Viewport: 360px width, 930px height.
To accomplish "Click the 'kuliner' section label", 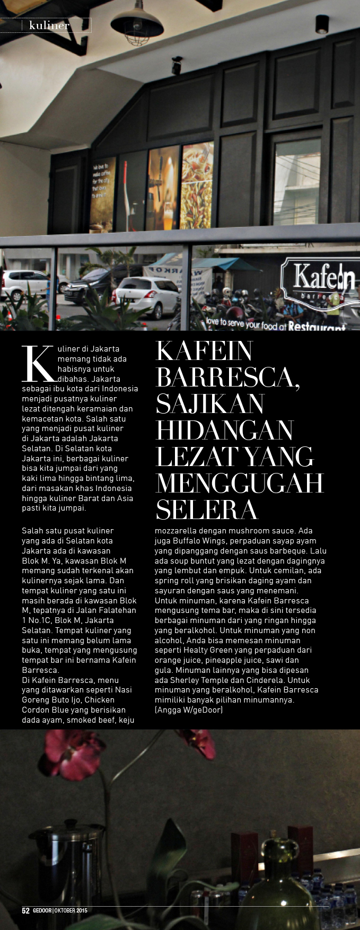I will click(x=49, y=25).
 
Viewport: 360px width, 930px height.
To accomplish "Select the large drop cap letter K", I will click(x=38, y=363).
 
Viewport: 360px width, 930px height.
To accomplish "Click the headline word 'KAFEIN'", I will click(x=204, y=350).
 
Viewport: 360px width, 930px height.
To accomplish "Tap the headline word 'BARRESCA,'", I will click(x=227, y=377).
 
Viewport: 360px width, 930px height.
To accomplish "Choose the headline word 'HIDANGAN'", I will click(x=224, y=430).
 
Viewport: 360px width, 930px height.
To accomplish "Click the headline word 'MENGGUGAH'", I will click(x=239, y=483).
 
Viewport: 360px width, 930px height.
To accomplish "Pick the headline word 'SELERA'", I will click(x=207, y=510).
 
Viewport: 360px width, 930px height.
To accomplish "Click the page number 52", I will click(x=25, y=911).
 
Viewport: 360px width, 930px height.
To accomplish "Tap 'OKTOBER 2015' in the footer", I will click(x=72, y=911).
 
